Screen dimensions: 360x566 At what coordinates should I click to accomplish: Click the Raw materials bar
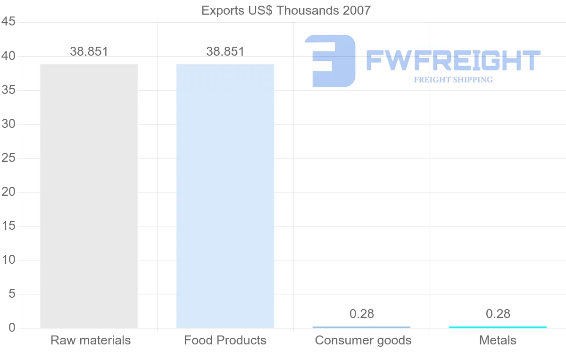[x=89, y=196]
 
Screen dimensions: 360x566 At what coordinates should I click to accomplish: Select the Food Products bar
[x=225, y=196]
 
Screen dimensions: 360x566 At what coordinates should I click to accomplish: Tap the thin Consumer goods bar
[x=361, y=327]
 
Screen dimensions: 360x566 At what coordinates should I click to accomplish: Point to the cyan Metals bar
[x=498, y=327]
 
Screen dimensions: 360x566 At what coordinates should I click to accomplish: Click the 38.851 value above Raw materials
[x=89, y=51]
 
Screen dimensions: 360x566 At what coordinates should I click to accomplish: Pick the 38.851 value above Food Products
[x=225, y=51]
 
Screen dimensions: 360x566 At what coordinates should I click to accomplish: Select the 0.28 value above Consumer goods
[x=362, y=314]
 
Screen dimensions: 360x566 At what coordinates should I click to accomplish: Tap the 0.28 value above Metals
[x=498, y=314]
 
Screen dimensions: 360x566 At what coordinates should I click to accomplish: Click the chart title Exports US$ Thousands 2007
[x=286, y=10]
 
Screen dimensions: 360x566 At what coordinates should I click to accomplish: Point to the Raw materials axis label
[x=91, y=340]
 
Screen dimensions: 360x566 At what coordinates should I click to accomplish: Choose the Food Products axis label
[x=225, y=340]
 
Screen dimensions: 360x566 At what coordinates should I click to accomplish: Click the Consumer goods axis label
[x=363, y=340]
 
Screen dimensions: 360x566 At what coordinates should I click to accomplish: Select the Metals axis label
[x=498, y=340]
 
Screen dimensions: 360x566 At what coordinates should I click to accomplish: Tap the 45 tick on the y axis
[x=8, y=22]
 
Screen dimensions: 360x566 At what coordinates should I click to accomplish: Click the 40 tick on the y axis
[x=8, y=56]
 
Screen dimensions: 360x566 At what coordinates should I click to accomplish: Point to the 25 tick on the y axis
[x=8, y=158]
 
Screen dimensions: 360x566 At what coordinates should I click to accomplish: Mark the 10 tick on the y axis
[x=8, y=260]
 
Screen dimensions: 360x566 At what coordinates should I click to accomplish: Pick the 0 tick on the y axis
[x=12, y=328]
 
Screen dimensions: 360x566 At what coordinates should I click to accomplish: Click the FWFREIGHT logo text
[x=453, y=61]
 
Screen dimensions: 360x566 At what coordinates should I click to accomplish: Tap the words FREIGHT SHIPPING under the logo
[x=453, y=80]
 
